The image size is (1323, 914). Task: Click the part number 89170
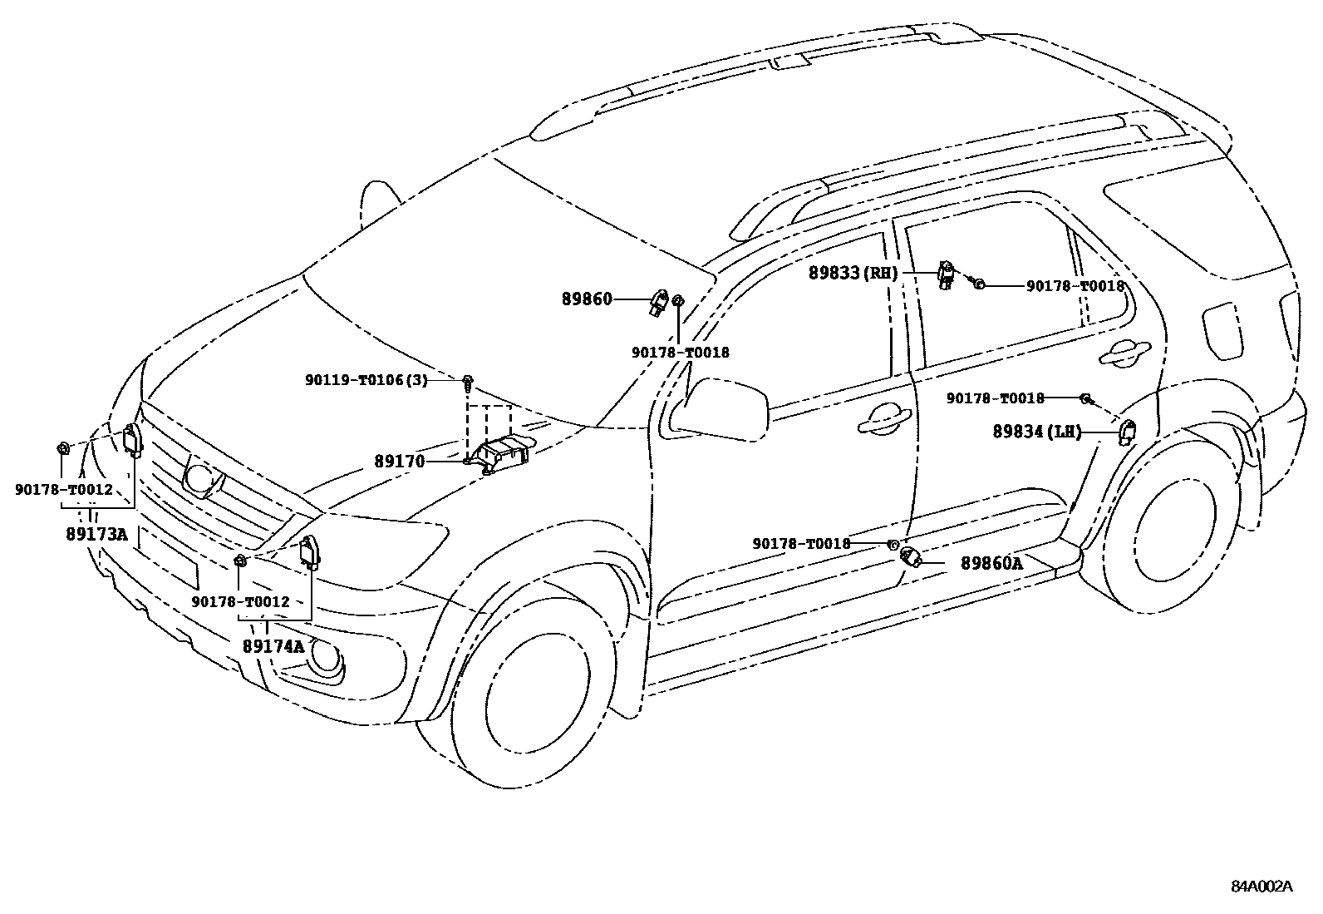[x=399, y=462]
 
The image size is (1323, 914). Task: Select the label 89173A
[x=96, y=533]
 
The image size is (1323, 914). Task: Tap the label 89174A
[x=273, y=645]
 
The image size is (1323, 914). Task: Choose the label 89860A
[x=991, y=563]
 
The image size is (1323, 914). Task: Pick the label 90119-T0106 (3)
[x=366, y=380]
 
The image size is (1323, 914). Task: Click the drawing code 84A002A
[x=1262, y=886]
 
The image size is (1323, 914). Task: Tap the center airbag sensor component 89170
[x=501, y=453]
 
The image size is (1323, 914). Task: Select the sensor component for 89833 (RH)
[x=946, y=273]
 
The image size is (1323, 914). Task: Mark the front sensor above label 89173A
[x=132, y=439]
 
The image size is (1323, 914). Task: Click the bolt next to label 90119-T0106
[x=469, y=383]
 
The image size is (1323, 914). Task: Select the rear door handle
[x=1124, y=353]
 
